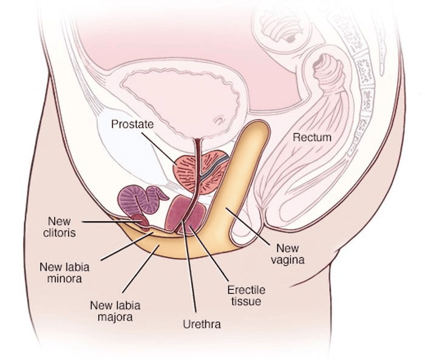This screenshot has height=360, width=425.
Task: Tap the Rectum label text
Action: (312, 137)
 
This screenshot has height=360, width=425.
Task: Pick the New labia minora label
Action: (61, 273)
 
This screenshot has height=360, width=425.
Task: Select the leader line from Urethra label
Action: (191, 273)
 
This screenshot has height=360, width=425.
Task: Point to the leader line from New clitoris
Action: (112, 222)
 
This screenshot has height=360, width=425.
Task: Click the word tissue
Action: (246, 301)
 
